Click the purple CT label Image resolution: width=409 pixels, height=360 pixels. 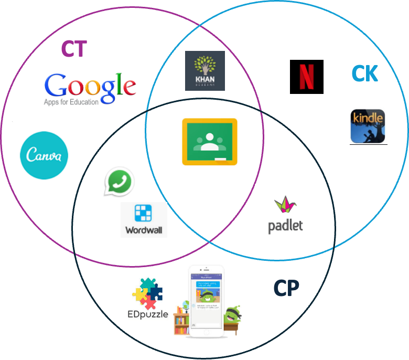click(x=73, y=49)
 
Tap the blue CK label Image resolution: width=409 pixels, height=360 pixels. click(x=364, y=74)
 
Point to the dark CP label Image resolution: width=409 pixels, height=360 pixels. click(x=286, y=288)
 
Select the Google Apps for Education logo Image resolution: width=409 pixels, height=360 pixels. click(x=88, y=90)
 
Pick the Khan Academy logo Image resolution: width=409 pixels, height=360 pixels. click(x=205, y=71)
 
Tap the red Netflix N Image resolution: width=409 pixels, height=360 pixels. click(x=307, y=77)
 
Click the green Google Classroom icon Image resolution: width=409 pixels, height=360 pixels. click(x=210, y=142)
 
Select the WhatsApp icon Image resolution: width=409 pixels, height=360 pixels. click(x=119, y=183)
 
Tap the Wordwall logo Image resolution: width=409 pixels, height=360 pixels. click(x=144, y=220)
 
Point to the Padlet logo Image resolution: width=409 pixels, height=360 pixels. click(x=286, y=215)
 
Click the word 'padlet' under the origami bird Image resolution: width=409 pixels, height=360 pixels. click(x=286, y=226)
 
